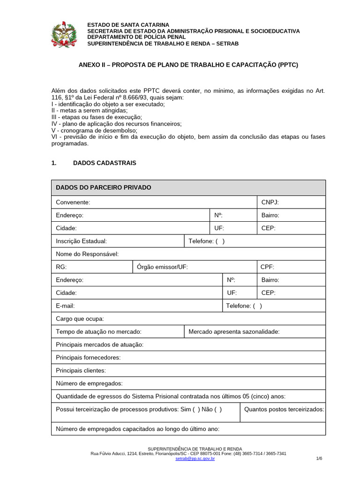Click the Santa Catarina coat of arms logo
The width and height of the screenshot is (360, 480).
[65, 34]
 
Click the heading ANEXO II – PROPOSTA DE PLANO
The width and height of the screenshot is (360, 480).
[188, 65]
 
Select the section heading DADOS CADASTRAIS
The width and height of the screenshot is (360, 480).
[105, 163]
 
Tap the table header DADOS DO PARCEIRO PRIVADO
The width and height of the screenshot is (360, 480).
[104, 187]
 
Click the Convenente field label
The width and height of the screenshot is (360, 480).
[73, 202]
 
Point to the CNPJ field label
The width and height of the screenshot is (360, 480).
[270, 202]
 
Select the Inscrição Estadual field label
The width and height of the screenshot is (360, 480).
[82, 241]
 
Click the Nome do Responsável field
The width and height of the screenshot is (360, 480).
[87, 254]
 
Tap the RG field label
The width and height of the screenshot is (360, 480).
[61, 267]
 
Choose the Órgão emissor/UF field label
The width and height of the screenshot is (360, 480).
[162, 267]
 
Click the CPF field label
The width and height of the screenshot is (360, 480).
[267, 267]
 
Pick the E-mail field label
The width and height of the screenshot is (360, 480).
[66, 306]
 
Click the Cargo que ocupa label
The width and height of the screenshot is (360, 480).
[80, 319]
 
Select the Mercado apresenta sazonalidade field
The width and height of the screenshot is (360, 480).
[234, 331]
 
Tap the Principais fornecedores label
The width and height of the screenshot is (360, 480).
[88, 358]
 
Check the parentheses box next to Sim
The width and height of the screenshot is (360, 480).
[196, 409]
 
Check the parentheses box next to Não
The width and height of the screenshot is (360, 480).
[218, 409]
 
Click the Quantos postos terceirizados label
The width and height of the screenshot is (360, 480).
[284, 409]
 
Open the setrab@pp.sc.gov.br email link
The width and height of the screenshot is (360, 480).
[195, 458]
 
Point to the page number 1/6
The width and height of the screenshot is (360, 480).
[319, 458]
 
